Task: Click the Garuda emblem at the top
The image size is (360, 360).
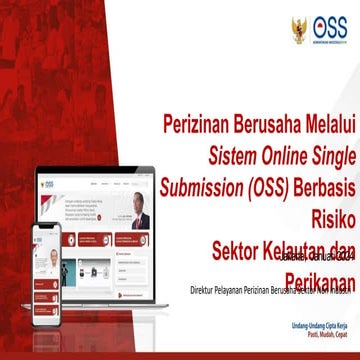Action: [x=300, y=27]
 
